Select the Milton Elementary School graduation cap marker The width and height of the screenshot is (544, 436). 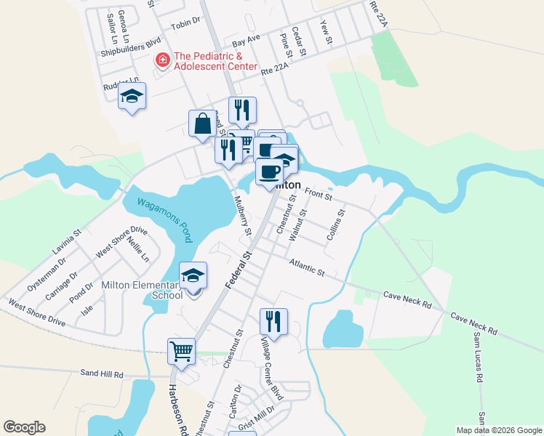tap(193, 277)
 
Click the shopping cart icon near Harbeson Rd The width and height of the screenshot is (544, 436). tap(181, 352)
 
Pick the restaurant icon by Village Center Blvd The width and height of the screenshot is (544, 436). tap(273, 321)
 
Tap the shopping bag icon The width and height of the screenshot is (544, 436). tap(203, 124)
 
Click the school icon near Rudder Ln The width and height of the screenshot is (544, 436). tap(132, 96)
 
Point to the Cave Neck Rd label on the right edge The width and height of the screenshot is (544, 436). tap(473, 323)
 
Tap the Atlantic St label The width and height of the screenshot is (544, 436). tap(306, 267)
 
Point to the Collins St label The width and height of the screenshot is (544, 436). tap(335, 225)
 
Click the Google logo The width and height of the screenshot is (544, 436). tap(24, 427)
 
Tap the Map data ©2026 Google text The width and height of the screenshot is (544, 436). tap(498, 430)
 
